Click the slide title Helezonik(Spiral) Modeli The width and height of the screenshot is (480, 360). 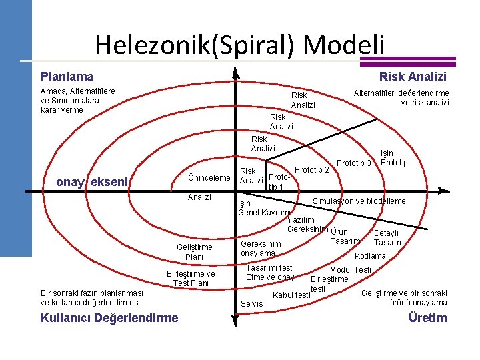239,45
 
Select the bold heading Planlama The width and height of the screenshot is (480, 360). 67,77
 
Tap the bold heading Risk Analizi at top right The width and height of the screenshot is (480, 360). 412,77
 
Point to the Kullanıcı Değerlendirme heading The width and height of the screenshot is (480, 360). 109,317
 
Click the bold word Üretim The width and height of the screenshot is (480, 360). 427,317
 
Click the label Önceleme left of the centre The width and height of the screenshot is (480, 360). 209,177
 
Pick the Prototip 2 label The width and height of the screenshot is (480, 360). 311,170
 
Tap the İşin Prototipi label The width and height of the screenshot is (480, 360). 395,158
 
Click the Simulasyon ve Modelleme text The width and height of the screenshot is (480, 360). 359,201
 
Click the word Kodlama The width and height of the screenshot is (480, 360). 370,256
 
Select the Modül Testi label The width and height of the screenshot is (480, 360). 351,269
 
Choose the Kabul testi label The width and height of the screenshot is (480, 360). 292,295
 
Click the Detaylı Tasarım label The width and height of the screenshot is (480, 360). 388,238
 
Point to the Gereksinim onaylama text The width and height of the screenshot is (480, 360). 261,249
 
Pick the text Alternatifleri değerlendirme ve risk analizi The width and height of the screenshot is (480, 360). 401,98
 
